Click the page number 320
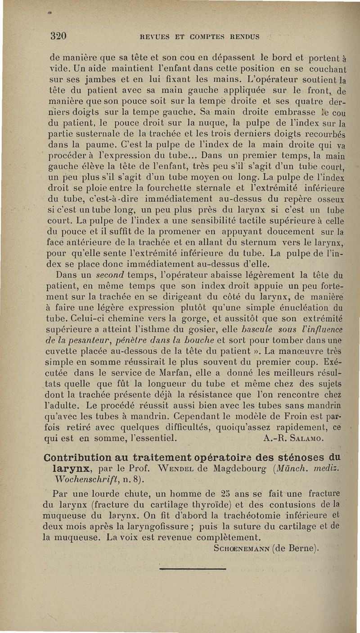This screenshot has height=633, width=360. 58,36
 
